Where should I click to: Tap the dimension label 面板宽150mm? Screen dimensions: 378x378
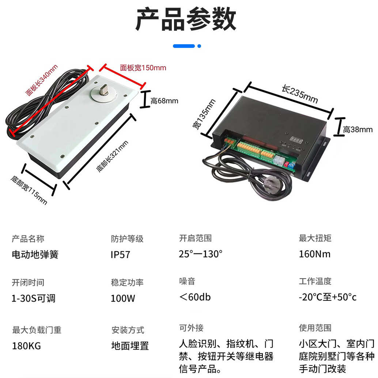tap(143, 68)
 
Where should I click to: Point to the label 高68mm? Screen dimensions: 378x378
tap(164, 101)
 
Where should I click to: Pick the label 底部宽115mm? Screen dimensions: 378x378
tap(29, 190)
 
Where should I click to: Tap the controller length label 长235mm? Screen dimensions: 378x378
tap(299, 94)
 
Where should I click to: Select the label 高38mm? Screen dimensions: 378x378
tap(358, 129)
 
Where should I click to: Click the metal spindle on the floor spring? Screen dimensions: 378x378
tap(104, 90)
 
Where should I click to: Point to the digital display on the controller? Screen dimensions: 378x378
tap(296, 140)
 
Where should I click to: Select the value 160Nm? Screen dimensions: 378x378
tap(314, 254)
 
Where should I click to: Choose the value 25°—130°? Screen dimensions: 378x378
tap(201, 254)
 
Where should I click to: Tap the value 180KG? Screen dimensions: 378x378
tap(26, 345)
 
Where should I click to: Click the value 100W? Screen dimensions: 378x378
tap(123, 298)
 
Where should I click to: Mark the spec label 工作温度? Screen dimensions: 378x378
tap(315, 281)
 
